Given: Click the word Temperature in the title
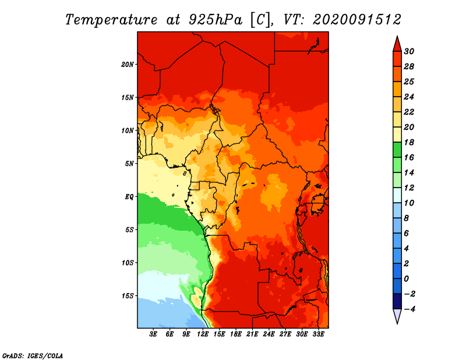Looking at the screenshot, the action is coord(111,20).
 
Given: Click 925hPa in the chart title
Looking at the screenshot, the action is coord(216,20).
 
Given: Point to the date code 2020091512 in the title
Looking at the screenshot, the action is coord(357,20).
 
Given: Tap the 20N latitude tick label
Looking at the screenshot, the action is coord(128,65).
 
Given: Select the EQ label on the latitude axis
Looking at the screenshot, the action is coord(129,197).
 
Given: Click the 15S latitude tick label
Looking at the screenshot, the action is coord(128,296).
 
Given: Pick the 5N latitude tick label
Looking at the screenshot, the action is coord(129,164).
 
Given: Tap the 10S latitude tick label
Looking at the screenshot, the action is coord(128,263).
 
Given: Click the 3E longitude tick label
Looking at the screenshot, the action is coord(153,334).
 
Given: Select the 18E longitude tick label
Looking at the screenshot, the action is coord(236,334).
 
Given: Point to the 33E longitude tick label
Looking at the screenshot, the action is coord(318,334).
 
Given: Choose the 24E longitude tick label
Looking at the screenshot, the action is coord(269,334).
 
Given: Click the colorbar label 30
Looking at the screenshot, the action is coord(409,51).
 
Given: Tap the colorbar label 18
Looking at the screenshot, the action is coord(409,142).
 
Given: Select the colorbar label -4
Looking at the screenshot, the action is coord(409,309).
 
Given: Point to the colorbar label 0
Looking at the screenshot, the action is coord(407,279).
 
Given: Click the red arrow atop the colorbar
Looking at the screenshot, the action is coord(397,44).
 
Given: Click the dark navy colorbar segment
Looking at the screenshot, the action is coord(397,301).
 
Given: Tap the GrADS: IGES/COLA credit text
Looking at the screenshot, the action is coord(33,356).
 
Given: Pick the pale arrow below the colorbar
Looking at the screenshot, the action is coord(397,316).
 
